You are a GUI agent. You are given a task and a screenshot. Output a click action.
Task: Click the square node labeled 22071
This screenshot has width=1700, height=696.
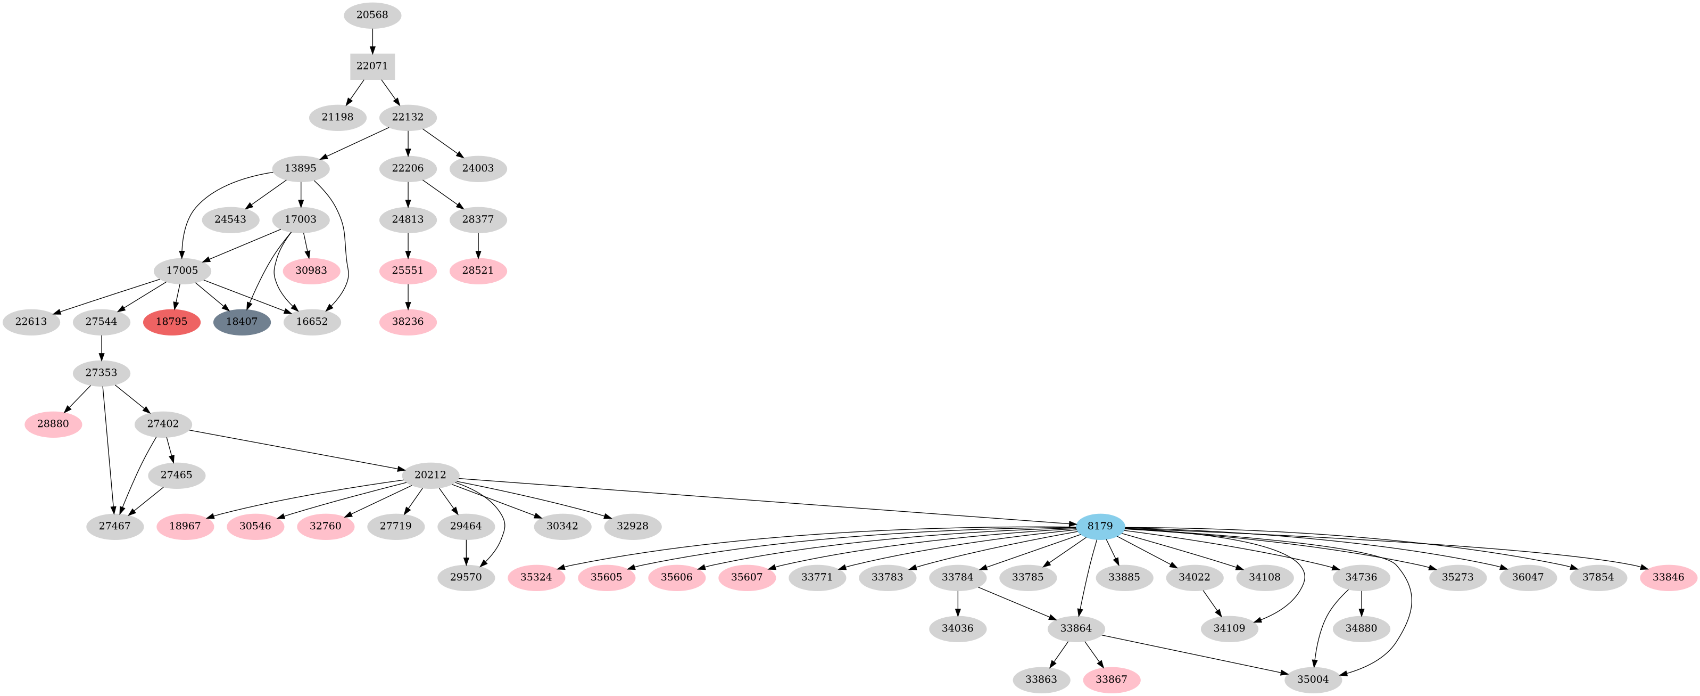click(x=372, y=66)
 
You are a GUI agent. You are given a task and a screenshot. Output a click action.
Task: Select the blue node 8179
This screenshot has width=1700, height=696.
click(x=1100, y=526)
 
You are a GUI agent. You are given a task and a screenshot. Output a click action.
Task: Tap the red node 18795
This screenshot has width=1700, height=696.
click(x=171, y=322)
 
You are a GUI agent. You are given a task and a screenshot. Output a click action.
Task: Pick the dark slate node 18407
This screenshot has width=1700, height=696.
click(x=242, y=322)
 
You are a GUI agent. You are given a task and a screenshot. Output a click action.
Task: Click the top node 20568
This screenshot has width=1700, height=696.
click(x=372, y=14)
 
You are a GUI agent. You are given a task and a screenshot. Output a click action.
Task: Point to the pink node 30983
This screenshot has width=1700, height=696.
click(x=311, y=270)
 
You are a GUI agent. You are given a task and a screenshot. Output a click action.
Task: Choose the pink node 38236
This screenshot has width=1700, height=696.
click(x=408, y=322)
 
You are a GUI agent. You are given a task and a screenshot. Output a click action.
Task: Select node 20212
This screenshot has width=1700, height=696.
click(x=430, y=475)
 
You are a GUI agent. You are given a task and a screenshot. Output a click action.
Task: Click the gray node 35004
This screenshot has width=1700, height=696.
click(x=1313, y=679)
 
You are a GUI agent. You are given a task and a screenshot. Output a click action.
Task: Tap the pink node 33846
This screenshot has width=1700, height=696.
click(x=1668, y=577)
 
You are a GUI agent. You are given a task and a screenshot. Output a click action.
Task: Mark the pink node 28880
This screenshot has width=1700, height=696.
click(x=53, y=424)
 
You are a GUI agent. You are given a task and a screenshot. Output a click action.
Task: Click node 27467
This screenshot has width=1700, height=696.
click(x=115, y=526)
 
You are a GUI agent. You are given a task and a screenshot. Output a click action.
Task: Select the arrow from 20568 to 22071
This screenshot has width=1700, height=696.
click(x=372, y=40)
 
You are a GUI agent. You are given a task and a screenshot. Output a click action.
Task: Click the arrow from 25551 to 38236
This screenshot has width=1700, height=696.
click(x=408, y=296)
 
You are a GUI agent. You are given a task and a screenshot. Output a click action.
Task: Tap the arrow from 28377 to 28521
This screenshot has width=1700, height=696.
click(x=478, y=245)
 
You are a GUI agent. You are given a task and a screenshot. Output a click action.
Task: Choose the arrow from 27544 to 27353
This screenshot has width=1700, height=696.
click(x=101, y=347)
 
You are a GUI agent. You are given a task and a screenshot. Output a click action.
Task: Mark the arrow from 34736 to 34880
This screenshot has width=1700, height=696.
click(x=1362, y=603)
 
